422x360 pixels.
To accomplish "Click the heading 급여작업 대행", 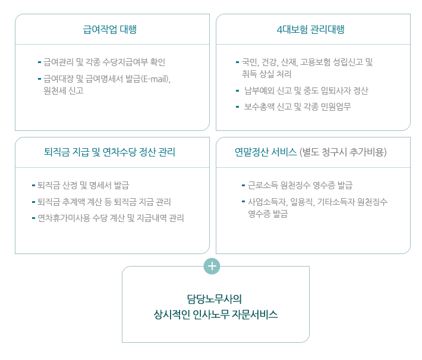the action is (110, 29).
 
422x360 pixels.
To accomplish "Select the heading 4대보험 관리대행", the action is (311, 29).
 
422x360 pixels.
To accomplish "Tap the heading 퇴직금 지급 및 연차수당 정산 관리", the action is (109, 152).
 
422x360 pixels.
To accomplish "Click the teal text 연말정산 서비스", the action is (266, 152).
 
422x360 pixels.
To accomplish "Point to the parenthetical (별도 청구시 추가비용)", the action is (343, 152).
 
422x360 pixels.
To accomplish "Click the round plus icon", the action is (212, 266).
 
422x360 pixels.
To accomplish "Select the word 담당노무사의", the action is (215, 299).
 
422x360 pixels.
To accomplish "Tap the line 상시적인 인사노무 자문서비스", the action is (216, 314).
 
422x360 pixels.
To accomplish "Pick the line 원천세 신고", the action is (64, 90).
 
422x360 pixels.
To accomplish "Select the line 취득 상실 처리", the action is (266, 74).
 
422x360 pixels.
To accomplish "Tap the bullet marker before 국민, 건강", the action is (237, 62).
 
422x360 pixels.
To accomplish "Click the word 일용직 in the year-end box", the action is (302, 202).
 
